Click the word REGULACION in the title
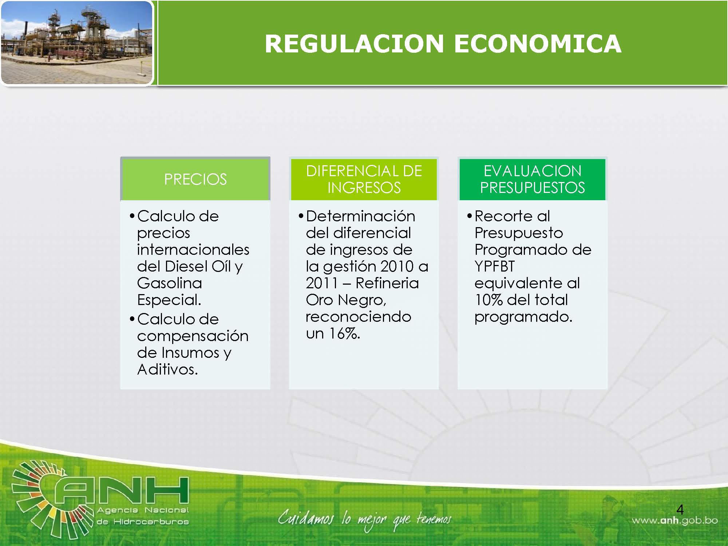(x=354, y=44)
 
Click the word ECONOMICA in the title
(x=537, y=44)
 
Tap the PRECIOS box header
(x=195, y=179)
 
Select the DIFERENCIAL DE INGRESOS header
(x=364, y=179)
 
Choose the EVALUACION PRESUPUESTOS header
(x=532, y=179)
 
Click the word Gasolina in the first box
(x=170, y=283)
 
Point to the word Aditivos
(x=167, y=369)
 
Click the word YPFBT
(x=495, y=266)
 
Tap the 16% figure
(x=344, y=333)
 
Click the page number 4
(x=680, y=509)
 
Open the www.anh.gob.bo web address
(x=675, y=521)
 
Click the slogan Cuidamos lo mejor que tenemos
(x=364, y=519)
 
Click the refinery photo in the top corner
(x=76, y=43)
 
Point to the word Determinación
(x=360, y=216)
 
